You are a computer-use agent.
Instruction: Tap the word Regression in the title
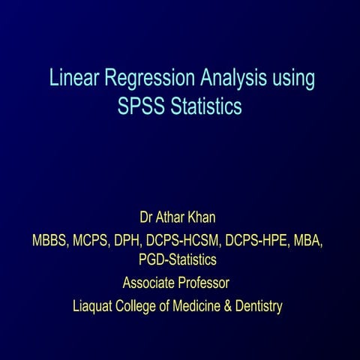(x=147, y=79)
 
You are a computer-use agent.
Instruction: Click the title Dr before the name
(x=148, y=219)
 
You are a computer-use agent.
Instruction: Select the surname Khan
(x=208, y=219)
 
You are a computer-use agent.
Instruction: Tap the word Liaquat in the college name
(x=94, y=306)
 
